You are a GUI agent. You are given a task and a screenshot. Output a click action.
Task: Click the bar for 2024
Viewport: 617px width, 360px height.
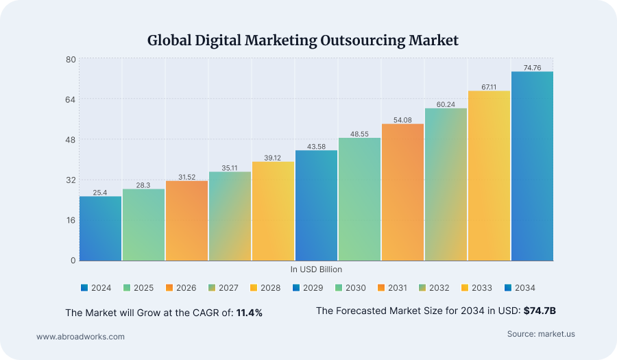[x=100, y=228]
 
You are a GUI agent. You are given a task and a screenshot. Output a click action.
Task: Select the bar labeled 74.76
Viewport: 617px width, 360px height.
[x=532, y=166]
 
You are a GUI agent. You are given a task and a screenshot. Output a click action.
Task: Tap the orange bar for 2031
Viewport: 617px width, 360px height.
[x=402, y=192]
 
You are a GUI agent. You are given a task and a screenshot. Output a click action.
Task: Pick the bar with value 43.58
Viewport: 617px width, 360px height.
[x=316, y=205]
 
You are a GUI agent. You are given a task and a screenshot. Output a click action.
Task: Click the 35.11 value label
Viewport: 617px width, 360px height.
[x=230, y=167]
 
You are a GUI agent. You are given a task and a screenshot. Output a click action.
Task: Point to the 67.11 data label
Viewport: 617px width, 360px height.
[x=489, y=86]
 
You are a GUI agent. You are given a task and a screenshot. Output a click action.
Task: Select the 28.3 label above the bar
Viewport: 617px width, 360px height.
[x=143, y=185]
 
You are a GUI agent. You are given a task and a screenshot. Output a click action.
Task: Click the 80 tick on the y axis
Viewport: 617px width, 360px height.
[x=71, y=60]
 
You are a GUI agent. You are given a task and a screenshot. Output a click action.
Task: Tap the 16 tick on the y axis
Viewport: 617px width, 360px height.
[x=71, y=220]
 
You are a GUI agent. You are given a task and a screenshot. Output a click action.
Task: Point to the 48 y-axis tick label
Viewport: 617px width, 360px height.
[x=71, y=140]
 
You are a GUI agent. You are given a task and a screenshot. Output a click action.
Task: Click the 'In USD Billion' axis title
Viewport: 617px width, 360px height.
[x=316, y=269]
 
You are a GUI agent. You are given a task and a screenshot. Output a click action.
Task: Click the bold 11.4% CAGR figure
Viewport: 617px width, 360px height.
[x=250, y=313]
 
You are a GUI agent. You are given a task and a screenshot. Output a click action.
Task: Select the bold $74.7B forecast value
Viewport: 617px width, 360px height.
[x=540, y=311]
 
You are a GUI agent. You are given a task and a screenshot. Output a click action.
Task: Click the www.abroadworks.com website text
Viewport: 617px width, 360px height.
[x=80, y=337]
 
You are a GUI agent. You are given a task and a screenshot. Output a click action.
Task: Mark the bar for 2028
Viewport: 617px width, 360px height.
[x=273, y=211]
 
